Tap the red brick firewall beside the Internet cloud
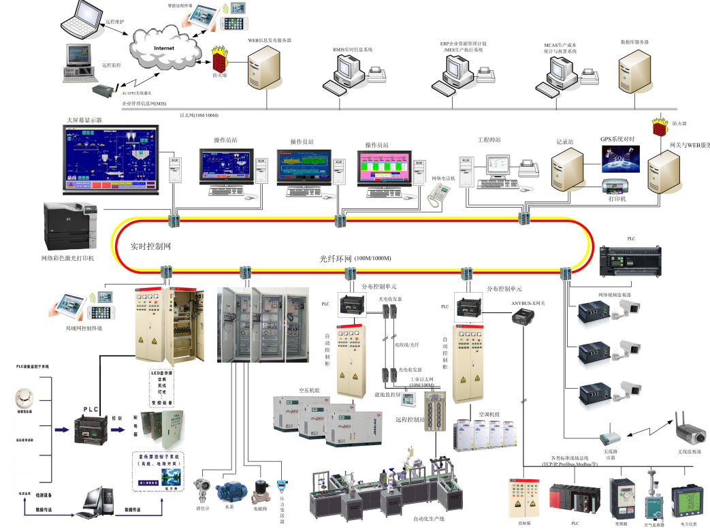[x=220, y=61]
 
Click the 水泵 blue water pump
[x=231, y=491]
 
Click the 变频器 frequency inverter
[x=622, y=496]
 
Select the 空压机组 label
[x=309, y=391]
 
